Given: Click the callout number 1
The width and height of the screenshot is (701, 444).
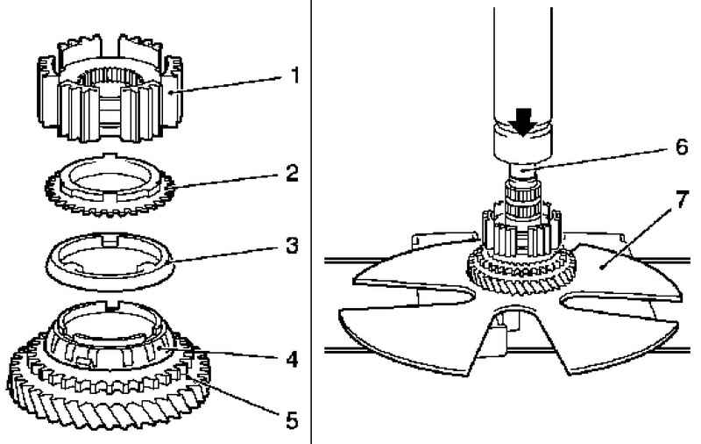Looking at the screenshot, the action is pos(294,75).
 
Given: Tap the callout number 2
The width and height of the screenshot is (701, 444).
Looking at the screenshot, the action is pos(292,173).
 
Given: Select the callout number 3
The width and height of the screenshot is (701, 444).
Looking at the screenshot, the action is pos(292,246).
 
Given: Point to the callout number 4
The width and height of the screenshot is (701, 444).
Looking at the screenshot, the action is pos(292,359).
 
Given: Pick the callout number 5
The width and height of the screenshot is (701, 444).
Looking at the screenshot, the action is pos(292,420).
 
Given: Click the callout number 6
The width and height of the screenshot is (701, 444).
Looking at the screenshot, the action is pos(682,147).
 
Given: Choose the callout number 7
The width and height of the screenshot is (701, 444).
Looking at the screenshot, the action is pos(681,199).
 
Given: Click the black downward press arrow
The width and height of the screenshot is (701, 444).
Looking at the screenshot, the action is pos(521,122).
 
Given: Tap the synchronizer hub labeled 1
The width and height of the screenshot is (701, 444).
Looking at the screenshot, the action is pos(110,89).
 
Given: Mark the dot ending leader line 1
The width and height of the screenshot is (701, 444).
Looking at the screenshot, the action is pos(172,93).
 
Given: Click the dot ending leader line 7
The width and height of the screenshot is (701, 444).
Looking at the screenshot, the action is pos(603,268).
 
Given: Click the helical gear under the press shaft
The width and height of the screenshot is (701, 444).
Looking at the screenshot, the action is pos(521,274).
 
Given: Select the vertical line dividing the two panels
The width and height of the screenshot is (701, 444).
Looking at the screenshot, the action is pos(311,222).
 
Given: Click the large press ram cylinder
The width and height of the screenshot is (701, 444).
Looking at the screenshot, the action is pos(522,85).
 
